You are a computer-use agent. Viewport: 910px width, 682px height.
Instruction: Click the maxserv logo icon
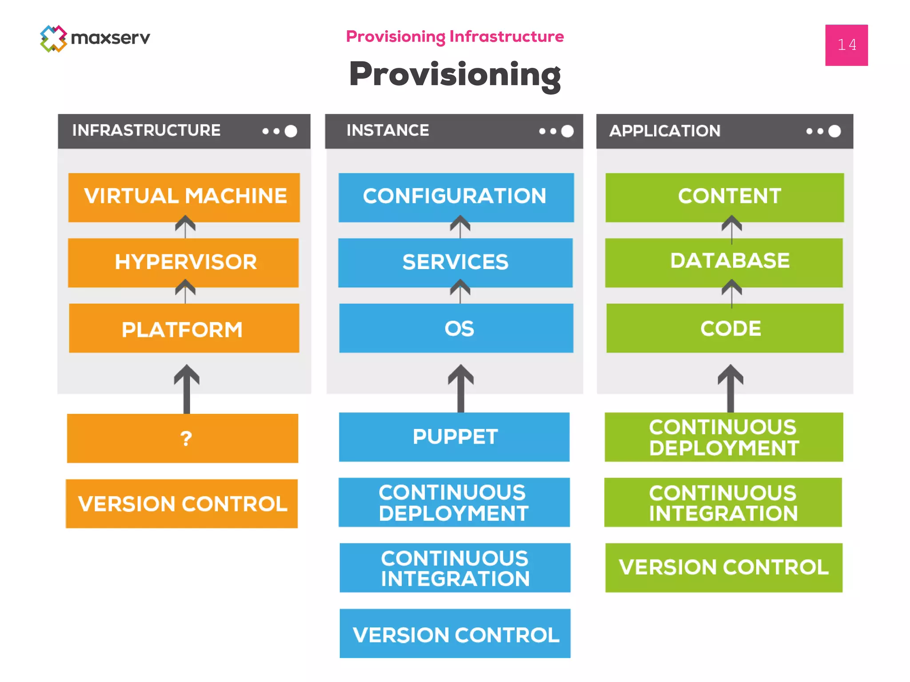[53, 39]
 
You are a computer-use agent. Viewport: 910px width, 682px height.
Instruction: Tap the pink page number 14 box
[846, 45]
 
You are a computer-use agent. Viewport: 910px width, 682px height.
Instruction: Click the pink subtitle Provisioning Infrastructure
[455, 36]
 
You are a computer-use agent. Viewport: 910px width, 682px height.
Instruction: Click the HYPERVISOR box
[184, 262]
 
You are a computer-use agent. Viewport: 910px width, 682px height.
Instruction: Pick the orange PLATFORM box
[184, 329]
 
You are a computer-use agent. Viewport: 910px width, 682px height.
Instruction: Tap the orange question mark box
[183, 438]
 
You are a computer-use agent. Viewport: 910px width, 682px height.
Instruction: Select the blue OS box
[456, 328]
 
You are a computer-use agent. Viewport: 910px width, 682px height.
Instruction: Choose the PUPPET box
[454, 437]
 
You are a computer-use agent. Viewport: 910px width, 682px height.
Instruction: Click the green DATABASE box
[724, 262]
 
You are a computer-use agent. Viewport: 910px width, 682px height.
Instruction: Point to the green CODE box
[725, 328]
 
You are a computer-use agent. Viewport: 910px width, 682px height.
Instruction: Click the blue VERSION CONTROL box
[455, 634]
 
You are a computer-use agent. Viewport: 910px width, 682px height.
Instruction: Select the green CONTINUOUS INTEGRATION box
[723, 503]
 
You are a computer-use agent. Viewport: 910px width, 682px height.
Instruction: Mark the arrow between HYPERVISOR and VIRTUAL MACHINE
[185, 227]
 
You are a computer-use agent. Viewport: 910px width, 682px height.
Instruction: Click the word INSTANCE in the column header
[387, 131]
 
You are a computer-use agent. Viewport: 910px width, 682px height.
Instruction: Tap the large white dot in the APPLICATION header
[834, 131]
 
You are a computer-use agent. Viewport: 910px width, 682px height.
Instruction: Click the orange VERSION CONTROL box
[182, 504]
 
